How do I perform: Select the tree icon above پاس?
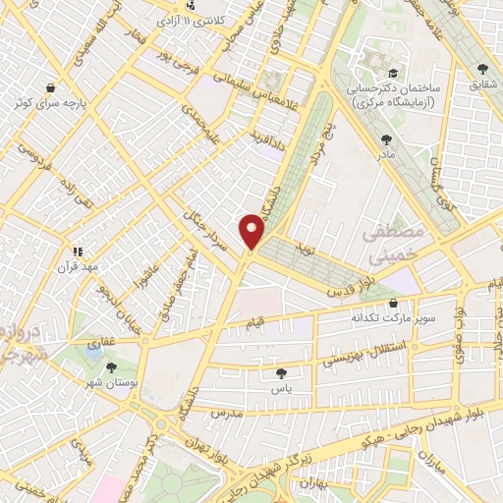point(282,373)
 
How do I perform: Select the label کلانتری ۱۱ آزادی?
point(205,20)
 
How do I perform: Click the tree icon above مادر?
point(383,139)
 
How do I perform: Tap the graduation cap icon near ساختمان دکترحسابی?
point(393,74)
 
